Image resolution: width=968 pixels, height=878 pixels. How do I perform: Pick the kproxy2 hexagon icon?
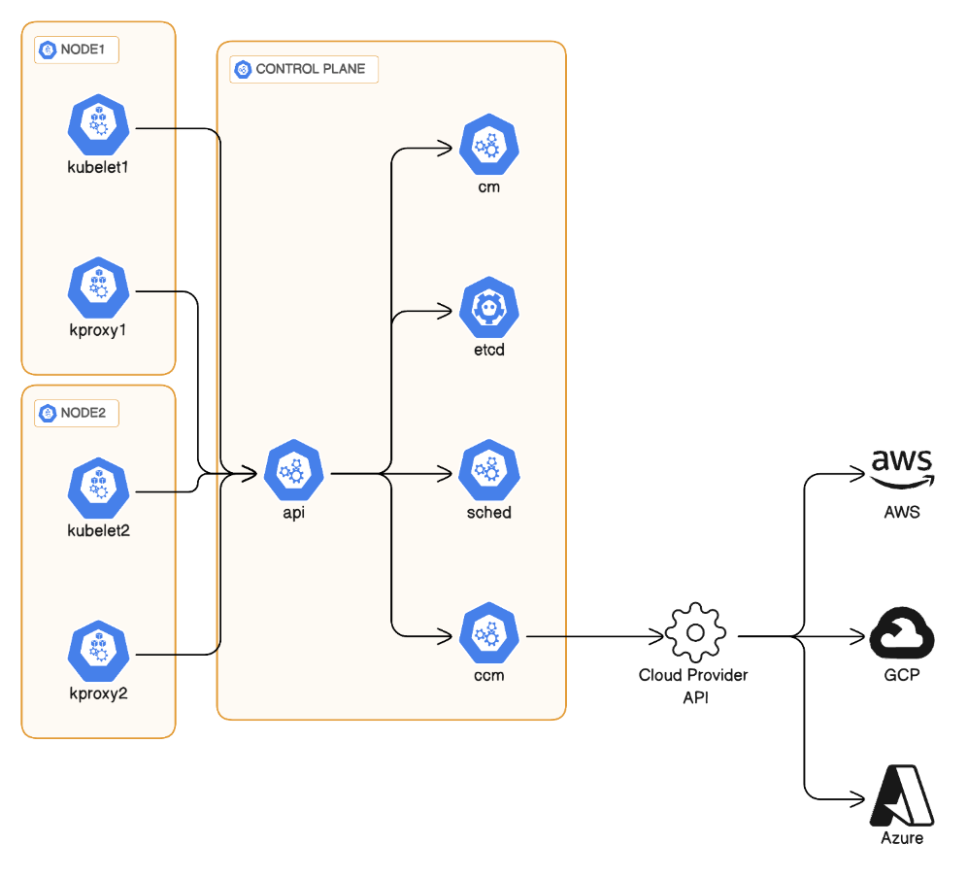coord(98,654)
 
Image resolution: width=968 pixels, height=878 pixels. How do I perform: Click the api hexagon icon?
coord(293,473)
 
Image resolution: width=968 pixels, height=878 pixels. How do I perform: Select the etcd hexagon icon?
coord(489,310)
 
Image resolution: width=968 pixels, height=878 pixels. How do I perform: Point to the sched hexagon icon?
coord(489,473)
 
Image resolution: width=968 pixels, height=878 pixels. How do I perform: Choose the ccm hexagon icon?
coord(489,636)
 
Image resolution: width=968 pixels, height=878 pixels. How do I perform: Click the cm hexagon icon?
coord(489,147)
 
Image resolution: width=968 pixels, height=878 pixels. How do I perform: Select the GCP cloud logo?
coord(901,634)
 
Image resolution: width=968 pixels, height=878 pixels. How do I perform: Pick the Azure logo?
coord(902,796)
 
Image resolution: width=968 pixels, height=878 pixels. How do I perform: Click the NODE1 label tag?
coord(77,50)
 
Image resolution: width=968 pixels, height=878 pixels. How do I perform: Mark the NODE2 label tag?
coord(77,413)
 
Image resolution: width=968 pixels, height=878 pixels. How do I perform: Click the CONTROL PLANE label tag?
coord(303,69)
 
